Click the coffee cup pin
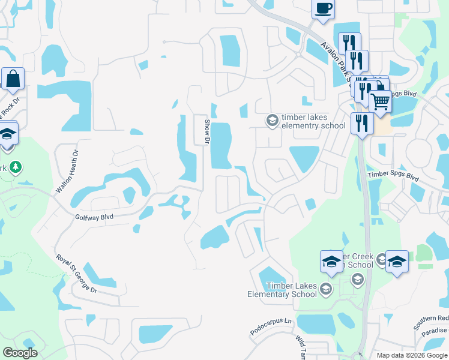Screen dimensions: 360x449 (324, 10)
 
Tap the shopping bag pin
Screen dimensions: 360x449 (13, 79)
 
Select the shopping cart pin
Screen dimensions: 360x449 (379, 102)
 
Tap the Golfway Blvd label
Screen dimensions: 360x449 (94, 217)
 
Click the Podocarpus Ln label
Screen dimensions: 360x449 (270, 328)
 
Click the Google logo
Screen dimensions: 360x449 (20, 353)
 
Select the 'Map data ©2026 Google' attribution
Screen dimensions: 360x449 (412, 355)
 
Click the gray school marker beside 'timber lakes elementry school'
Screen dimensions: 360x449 (273, 121)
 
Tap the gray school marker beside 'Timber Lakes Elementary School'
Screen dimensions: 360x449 (325, 290)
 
